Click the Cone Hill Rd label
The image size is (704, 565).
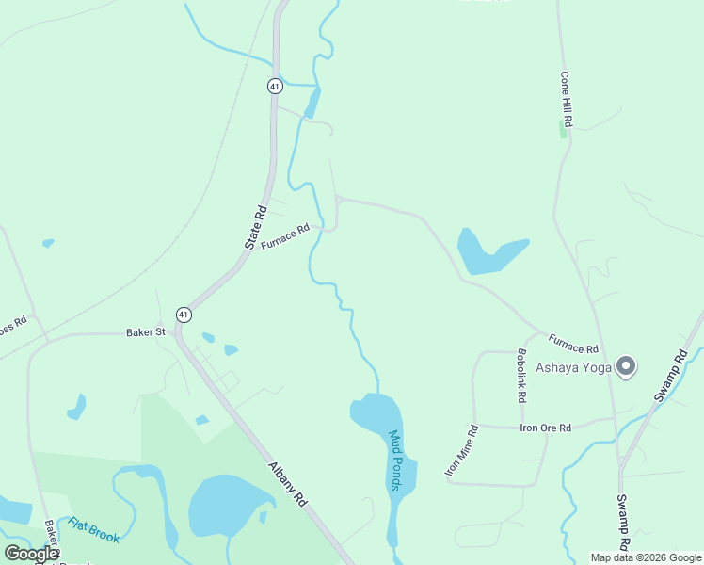(x=567, y=99)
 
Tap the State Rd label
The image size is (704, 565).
(x=256, y=227)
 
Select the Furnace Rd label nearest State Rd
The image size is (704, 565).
(x=286, y=236)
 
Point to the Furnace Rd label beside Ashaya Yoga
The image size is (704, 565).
(x=573, y=343)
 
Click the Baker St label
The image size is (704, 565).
(x=146, y=332)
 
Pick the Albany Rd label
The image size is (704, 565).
(x=288, y=484)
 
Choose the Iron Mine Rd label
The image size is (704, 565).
(x=461, y=450)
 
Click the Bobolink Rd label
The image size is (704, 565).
(x=520, y=376)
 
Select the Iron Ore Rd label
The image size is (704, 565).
(x=546, y=428)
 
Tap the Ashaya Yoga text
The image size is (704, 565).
(x=574, y=367)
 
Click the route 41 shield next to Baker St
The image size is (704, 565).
(x=184, y=315)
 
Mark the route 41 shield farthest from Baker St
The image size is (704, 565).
(x=274, y=86)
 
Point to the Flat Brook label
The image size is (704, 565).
(x=93, y=529)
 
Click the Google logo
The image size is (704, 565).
(x=31, y=554)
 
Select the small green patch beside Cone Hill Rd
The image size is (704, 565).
(x=564, y=131)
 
